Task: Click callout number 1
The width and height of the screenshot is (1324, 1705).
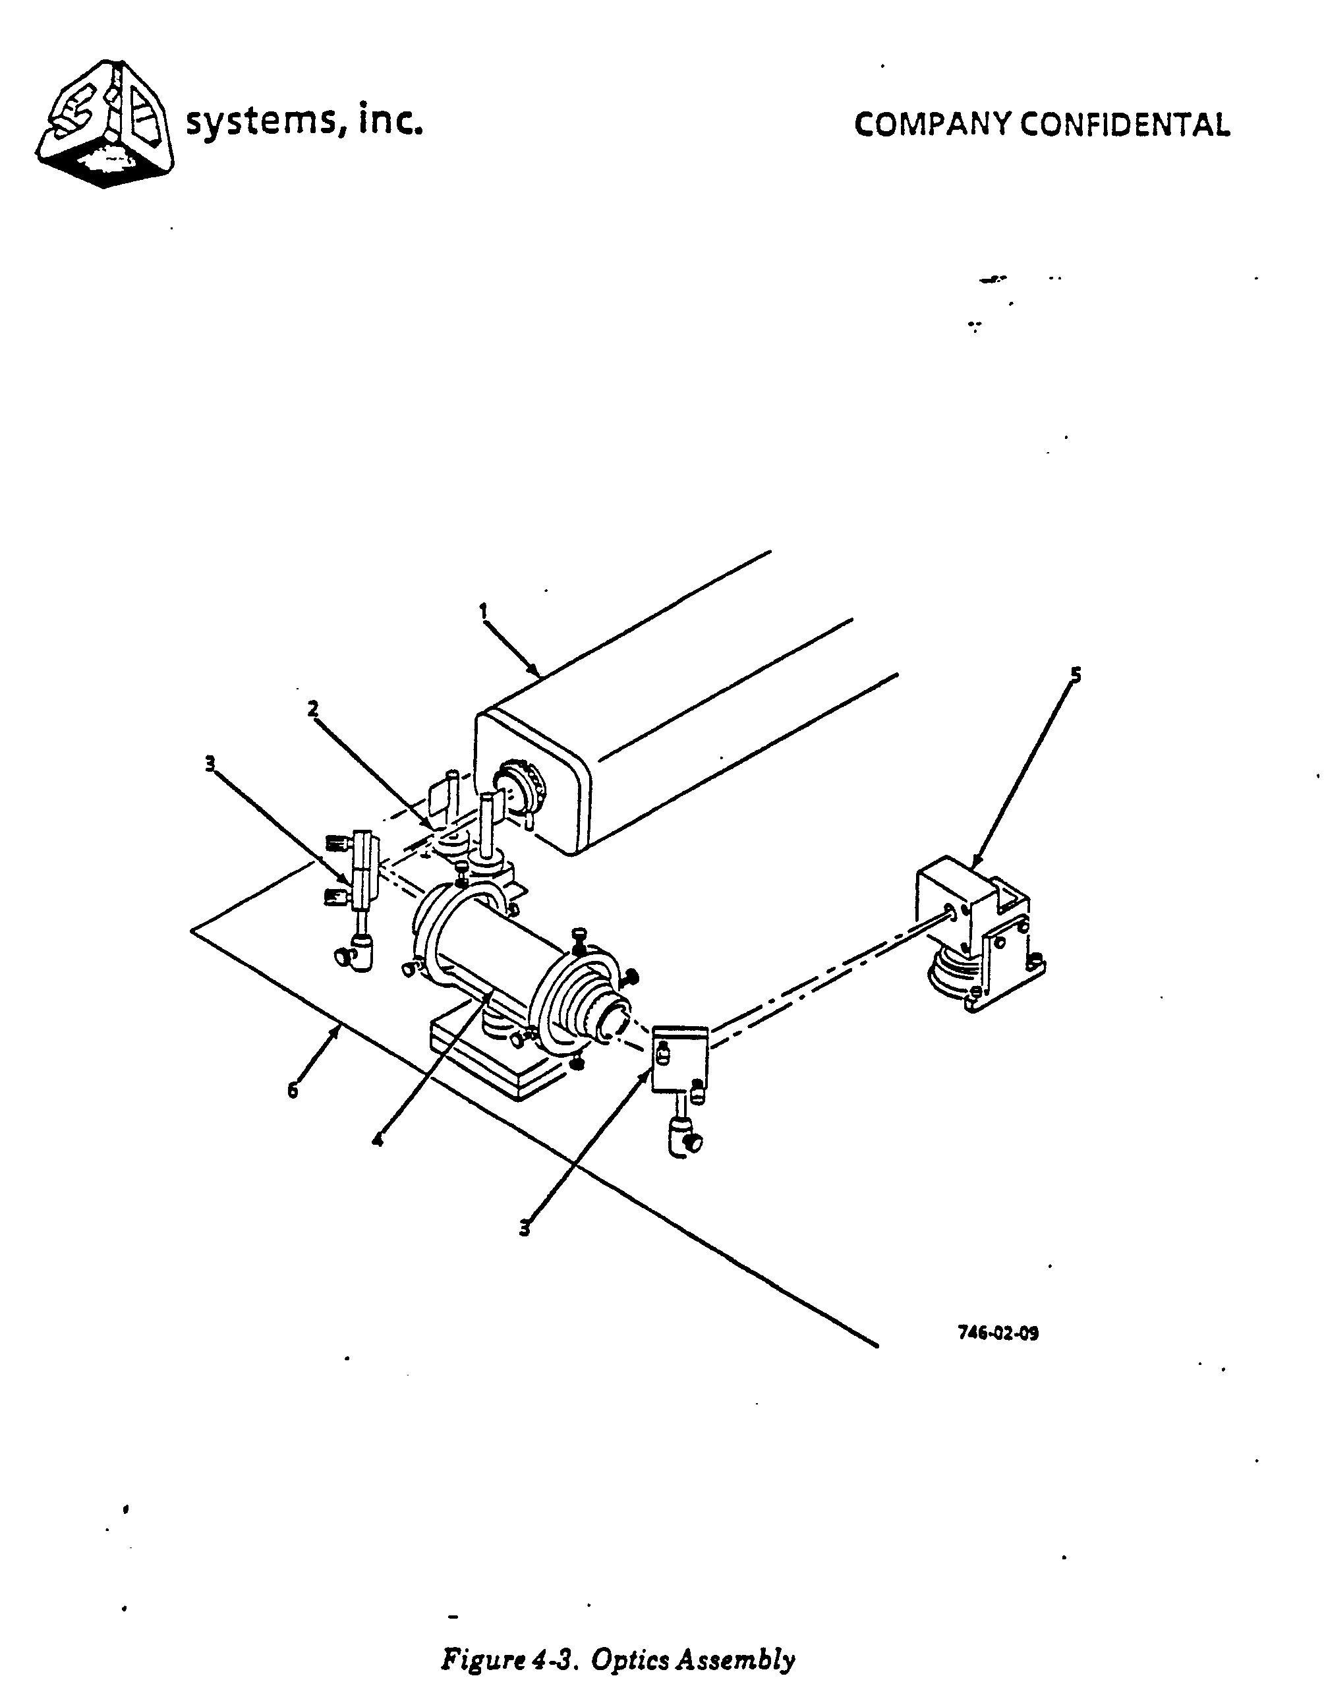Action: tap(483, 610)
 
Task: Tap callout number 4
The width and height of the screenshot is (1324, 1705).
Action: tap(378, 1140)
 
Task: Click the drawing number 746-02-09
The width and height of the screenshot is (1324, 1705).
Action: tap(998, 1333)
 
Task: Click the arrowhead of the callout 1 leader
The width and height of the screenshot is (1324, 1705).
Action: tap(537, 672)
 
